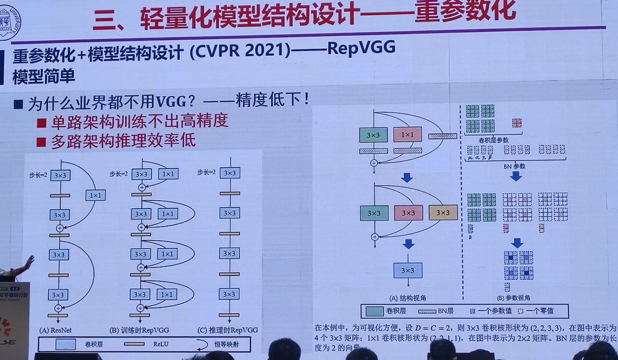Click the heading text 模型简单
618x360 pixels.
[44, 76]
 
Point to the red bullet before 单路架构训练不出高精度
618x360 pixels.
[42, 123]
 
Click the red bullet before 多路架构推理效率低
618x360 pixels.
[42, 142]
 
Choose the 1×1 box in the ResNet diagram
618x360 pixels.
[95, 195]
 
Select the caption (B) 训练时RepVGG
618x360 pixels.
[139, 330]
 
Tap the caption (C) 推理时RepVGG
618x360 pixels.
[229, 330]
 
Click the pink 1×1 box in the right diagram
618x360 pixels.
[408, 135]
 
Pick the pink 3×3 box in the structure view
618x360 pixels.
[408, 213]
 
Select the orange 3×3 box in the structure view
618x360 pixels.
[443, 213]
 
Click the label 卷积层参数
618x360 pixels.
[493, 140]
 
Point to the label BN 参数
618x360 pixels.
[515, 166]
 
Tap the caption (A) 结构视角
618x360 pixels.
[408, 298]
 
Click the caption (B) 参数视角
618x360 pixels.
[513, 298]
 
